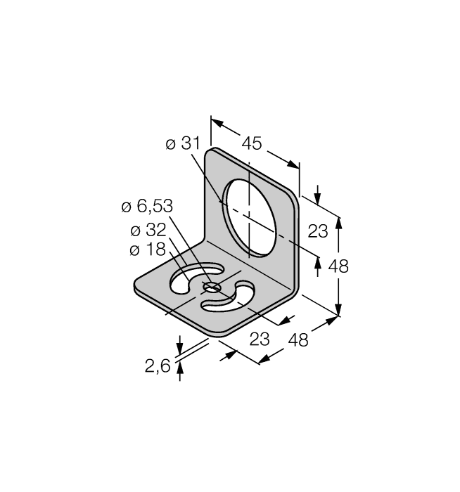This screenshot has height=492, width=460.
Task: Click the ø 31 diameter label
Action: coord(183,143)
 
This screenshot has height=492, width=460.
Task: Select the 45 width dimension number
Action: coord(252,143)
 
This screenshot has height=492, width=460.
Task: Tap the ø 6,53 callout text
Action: coord(147,207)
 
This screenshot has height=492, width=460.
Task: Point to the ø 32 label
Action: coord(148,230)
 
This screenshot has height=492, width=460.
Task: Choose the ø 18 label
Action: coord(147,250)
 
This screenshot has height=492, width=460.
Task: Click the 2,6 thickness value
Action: coord(158,366)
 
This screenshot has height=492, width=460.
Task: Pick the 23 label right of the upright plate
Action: coord(318,231)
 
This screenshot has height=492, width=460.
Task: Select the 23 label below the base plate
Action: coord(260,339)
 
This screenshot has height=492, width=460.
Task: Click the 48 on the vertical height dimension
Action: coord(338,266)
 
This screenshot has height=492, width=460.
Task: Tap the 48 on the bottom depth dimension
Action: coord(298,339)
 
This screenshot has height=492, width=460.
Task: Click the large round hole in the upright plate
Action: coord(249,218)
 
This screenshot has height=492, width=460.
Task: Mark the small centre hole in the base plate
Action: coord(211,287)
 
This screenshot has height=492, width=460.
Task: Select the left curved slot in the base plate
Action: coord(196,278)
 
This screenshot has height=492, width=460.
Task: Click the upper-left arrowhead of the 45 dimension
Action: coord(217,122)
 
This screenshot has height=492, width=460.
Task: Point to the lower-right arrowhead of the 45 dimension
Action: coord(293,164)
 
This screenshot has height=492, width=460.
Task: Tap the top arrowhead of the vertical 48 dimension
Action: coord(338,223)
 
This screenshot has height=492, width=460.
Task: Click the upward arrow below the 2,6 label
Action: coord(180,372)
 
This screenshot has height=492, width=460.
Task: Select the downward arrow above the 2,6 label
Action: coord(179,345)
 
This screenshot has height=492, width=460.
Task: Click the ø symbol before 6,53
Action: coord(126,207)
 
